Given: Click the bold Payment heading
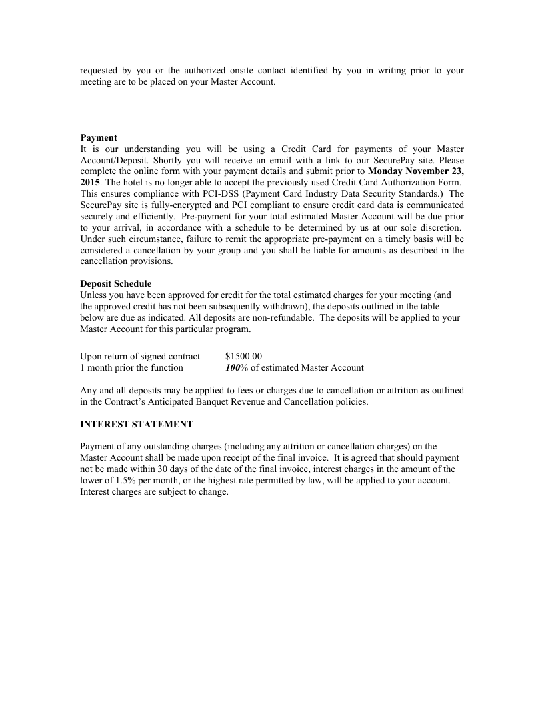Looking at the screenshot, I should click(99, 138).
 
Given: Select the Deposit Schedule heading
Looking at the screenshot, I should click(115, 284).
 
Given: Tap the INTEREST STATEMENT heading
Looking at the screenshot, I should click(137, 424).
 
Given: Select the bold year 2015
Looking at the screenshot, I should click(90, 182).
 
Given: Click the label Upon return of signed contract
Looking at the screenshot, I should click(140, 356).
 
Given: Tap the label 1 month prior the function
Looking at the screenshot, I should click(131, 367).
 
